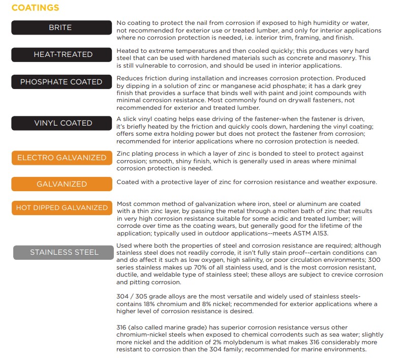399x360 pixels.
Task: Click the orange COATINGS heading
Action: click(35, 8)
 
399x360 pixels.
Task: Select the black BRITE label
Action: click(61, 27)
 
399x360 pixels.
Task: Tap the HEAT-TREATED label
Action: click(61, 54)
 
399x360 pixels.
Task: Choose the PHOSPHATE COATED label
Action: click(61, 82)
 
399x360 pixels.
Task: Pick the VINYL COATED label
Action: click(61, 123)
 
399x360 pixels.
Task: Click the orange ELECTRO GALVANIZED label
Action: click(61, 158)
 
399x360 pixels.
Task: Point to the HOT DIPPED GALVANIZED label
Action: click(61, 207)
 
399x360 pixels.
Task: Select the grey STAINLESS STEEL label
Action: click(63, 252)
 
